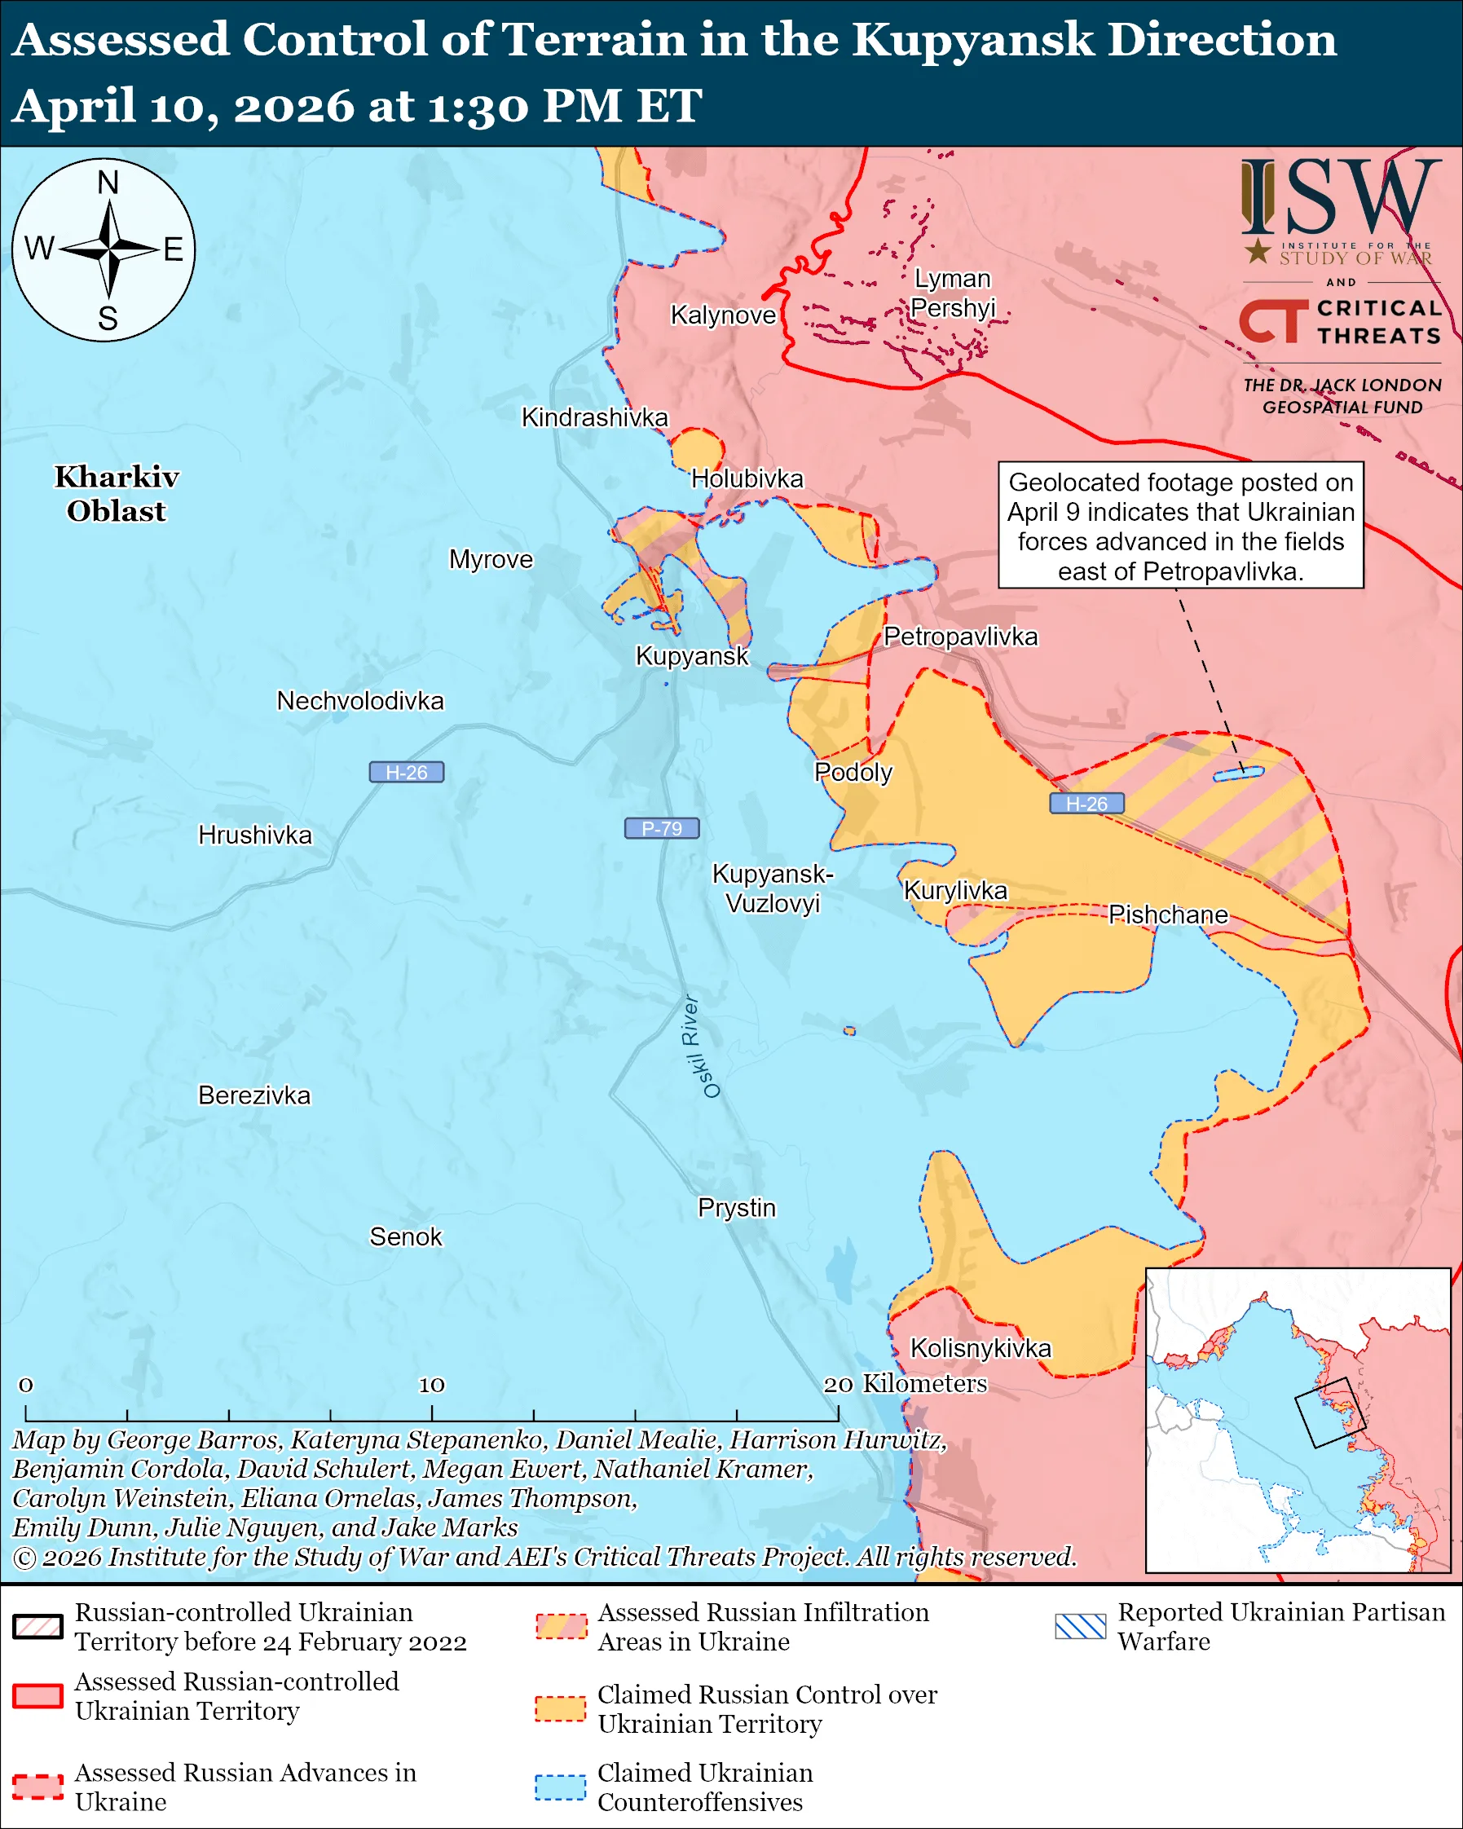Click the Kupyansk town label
click(x=692, y=656)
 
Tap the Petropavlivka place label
click(x=960, y=637)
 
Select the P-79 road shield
click(x=662, y=828)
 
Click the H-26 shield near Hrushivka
click(x=406, y=772)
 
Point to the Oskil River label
click(x=702, y=1047)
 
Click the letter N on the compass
click(x=108, y=183)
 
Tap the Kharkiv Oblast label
click(x=117, y=494)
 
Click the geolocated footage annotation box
click(x=1180, y=525)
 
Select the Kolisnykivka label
click(x=980, y=1348)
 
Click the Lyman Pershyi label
click(x=953, y=293)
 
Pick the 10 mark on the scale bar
click(x=432, y=1386)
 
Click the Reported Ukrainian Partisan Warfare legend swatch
click(x=1081, y=1626)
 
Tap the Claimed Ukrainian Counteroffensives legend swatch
click(x=560, y=1787)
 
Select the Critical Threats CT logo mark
click(x=1273, y=321)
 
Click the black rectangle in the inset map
click(x=1329, y=1413)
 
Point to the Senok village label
click(x=405, y=1237)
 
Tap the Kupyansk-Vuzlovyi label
click(x=773, y=888)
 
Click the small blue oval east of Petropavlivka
click(x=1238, y=773)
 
